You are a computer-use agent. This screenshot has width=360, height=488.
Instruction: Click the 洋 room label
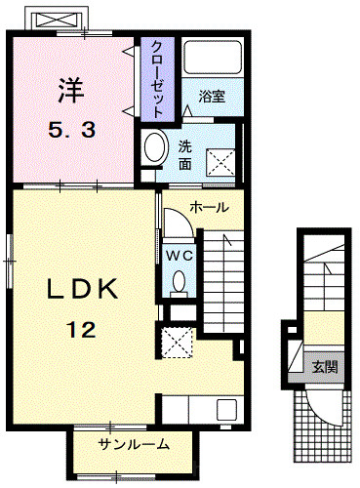point(71,91)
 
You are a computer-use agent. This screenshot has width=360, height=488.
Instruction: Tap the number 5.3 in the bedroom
point(72,131)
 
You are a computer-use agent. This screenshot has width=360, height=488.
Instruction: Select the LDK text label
point(82,289)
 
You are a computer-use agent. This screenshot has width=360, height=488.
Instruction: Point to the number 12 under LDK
point(81,329)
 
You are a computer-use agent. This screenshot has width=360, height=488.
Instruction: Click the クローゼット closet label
point(157,79)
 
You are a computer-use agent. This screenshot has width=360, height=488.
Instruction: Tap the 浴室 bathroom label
point(212,97)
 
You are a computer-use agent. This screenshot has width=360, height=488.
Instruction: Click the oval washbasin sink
point(156,147)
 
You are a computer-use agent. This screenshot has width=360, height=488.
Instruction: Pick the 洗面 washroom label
point(185,156)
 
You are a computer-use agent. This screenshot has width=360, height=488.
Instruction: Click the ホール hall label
point(210,207)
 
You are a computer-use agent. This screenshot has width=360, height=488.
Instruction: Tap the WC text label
point(180,256)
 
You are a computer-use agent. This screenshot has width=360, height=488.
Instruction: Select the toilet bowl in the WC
point(180,283)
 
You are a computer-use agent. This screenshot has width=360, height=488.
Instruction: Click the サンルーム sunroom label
point(134,444)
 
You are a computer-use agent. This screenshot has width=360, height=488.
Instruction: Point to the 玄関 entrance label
point(325,367)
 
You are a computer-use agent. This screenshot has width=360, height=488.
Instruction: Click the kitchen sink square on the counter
point(227,410)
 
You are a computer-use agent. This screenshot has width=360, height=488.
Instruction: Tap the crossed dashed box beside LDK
point(178,343)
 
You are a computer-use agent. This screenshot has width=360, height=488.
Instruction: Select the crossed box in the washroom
point(220,163)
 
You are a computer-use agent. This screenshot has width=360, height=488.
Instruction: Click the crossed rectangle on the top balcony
point(57,20)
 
